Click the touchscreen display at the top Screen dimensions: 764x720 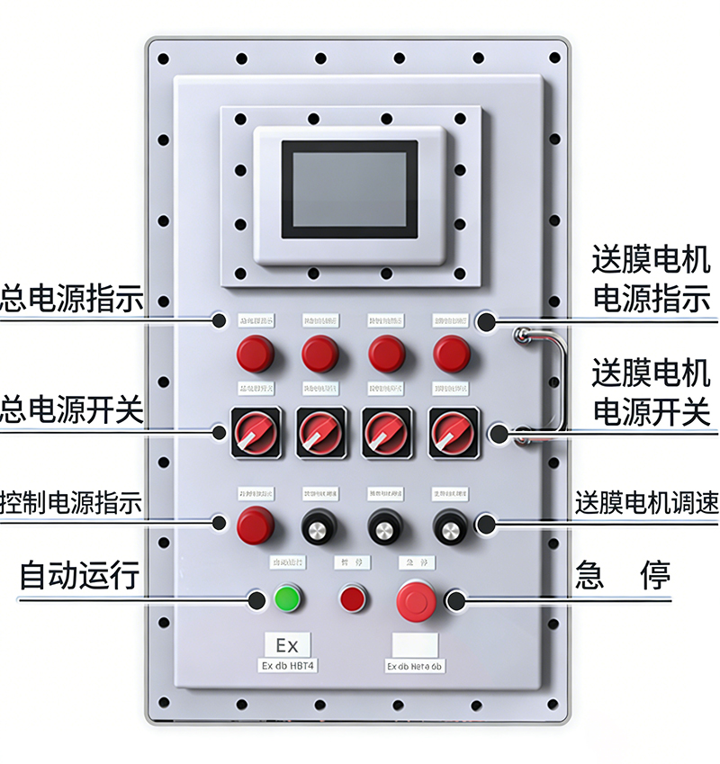coord(349,189)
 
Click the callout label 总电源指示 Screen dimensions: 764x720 coord(72,299)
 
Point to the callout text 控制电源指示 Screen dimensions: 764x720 coord(72,501)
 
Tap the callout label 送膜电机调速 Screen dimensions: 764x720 coord(647,502)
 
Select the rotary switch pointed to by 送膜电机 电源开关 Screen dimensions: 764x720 coord(451,432)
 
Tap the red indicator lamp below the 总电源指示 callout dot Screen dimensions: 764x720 coord(255,354)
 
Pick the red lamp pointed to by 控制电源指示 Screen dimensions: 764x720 coord(255,526)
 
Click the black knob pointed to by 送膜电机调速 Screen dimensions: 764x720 coord(450,526)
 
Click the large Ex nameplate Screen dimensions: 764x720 coord(286,645)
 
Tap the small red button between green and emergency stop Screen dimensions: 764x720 coord(352,598)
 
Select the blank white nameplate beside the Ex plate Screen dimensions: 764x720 coord(415,645)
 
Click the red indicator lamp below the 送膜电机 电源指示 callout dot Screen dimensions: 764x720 coord(451,354)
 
